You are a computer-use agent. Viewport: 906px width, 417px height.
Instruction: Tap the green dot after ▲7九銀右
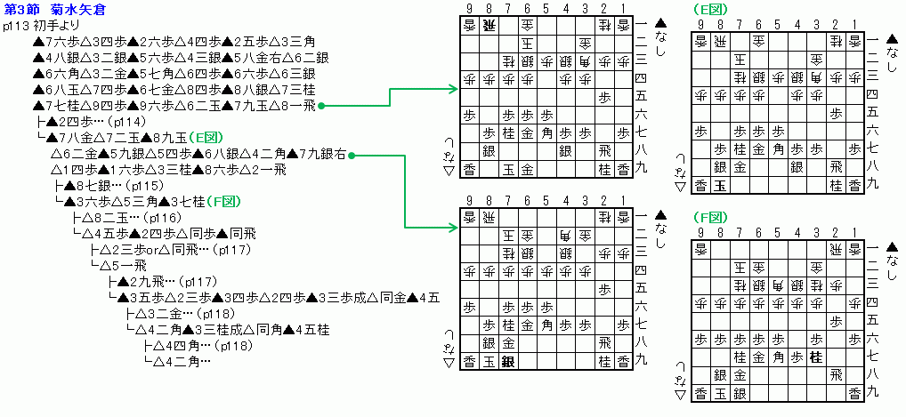(352, 155)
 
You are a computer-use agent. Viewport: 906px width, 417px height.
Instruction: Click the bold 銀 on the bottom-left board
(508, 360)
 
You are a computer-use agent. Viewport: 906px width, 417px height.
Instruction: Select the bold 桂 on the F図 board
(813, 358)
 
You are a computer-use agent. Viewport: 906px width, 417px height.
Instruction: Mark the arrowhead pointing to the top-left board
(454, 88)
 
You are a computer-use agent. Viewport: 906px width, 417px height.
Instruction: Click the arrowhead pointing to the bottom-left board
(454, 229)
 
